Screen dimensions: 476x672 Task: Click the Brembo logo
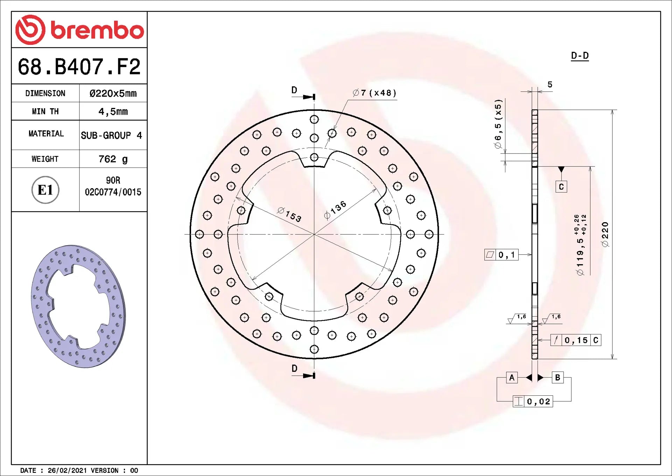(x=79, y=30)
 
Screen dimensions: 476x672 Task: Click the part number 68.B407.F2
(x=79, y=67)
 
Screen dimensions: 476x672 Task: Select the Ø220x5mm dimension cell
(x=113, y=93)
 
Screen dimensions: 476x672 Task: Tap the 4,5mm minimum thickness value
(x=113, y=111)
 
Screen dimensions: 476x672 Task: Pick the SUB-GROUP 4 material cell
(x=111, y=135)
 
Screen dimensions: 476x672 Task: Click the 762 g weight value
(x=113, y=159)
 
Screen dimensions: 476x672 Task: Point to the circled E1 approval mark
(x=45, y=190)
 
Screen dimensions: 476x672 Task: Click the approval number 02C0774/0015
(x=113, y=192)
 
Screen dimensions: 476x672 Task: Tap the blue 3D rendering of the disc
(x=78, y=306)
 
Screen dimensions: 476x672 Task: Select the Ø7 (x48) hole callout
(x=374, y=93)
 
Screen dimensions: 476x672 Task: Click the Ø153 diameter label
(x=289, y=215)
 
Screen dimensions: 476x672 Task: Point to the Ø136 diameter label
(x=335, y=210)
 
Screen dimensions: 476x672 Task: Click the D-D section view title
(x=580, y=56)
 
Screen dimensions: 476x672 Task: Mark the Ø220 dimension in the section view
(x=605, y=234)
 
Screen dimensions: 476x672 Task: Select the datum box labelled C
(x=561, y=187)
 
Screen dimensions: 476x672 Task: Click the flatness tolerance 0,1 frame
(x=501, y=255)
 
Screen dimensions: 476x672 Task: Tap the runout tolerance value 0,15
(x=576, y=340)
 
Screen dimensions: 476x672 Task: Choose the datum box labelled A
(x=512, y=378)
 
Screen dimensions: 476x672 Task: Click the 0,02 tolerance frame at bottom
(x=533, y=401)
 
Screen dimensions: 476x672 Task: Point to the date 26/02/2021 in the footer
(x=67, y=470)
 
